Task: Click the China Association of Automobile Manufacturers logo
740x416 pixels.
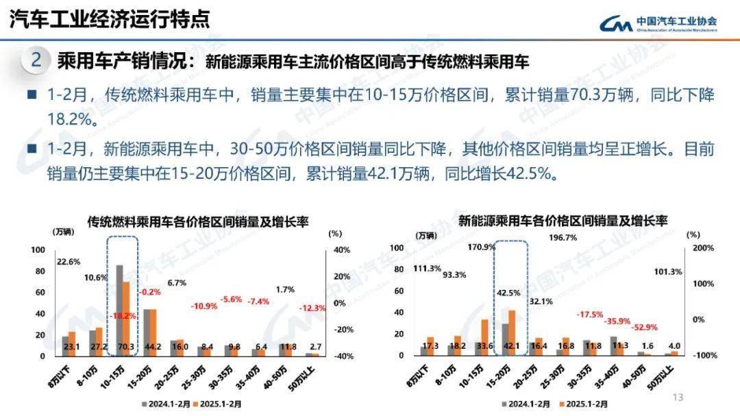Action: pos(658,23)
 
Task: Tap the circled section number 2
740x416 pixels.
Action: pos(36,60)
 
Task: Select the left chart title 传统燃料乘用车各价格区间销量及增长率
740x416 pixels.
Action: pos(197,221)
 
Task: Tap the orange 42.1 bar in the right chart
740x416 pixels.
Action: pos(511,332)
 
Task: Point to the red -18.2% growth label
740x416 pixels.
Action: pos(123,316)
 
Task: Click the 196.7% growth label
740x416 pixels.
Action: pos(563,238)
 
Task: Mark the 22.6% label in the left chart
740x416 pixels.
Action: pos(69,261)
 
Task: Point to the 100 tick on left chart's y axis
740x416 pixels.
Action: pos(38,249)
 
